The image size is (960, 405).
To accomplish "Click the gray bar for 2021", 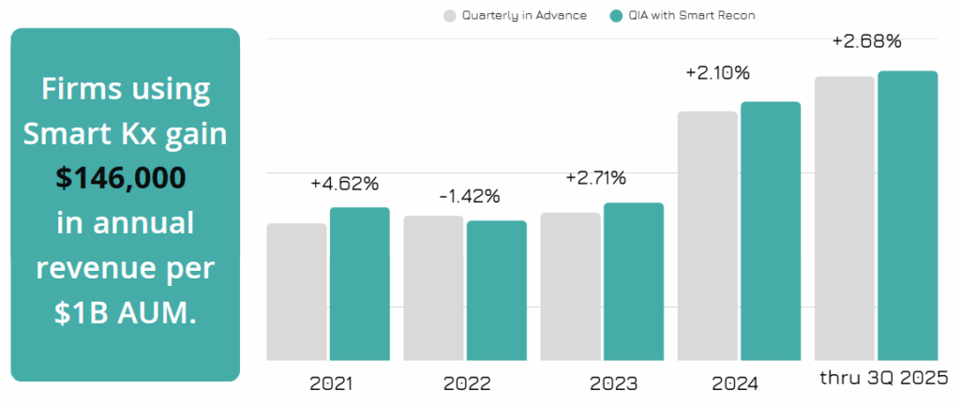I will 296,292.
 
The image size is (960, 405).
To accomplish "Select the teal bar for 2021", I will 360,283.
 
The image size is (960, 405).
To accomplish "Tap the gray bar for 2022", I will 433,288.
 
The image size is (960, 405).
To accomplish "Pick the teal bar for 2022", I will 497,290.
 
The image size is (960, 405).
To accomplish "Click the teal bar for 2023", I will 634,281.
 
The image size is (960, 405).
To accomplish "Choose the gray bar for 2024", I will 707,235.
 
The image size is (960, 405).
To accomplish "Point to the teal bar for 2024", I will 771,231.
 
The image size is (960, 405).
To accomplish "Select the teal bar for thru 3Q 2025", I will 907,215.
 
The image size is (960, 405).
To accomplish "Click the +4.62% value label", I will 344,184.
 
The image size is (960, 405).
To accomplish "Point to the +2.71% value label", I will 595,178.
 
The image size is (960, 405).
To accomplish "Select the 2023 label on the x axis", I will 613,383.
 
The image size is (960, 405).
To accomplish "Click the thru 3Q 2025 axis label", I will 884,379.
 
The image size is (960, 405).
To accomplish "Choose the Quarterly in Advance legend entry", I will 515,15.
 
